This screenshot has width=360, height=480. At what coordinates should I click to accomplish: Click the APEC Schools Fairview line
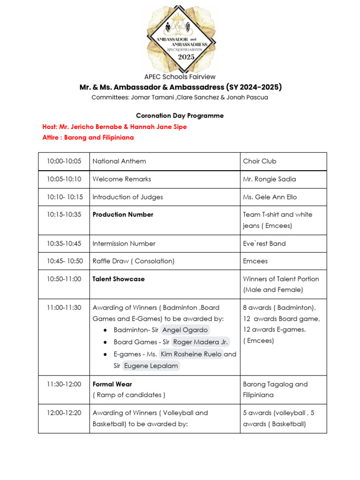tap(180, 77)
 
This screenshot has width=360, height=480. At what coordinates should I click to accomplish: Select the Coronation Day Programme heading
tap(180, 115)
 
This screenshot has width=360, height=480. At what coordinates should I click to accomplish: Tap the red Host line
tap(114, 127)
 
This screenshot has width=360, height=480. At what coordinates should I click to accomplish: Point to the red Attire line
tap(88, 137)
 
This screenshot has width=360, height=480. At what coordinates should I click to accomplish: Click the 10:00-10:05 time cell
tap(64, 161)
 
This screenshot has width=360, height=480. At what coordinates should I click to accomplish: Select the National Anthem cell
tap(119, 161)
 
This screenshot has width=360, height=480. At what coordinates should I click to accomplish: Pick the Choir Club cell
tap(260, 161)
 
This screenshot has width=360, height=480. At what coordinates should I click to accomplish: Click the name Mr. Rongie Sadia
tap(270, 179)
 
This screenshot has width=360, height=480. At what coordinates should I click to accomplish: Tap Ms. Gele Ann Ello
tap(270, 197)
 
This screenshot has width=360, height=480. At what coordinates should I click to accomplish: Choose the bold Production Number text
tap(123, 215)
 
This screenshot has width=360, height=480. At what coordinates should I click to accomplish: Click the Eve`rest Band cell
tap(264, 244)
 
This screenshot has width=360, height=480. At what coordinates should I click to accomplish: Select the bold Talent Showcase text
tap(119, 279)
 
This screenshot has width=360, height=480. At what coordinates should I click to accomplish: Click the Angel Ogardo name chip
tap(185, 330)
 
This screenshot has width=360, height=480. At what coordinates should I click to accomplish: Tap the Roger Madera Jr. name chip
tap(201, 342)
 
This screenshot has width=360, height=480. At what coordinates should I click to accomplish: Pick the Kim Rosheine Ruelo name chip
tap(191, 354)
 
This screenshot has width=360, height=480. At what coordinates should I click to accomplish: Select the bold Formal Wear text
tap(112, 384)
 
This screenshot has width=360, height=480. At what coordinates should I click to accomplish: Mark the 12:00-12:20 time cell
tap(64, 413)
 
